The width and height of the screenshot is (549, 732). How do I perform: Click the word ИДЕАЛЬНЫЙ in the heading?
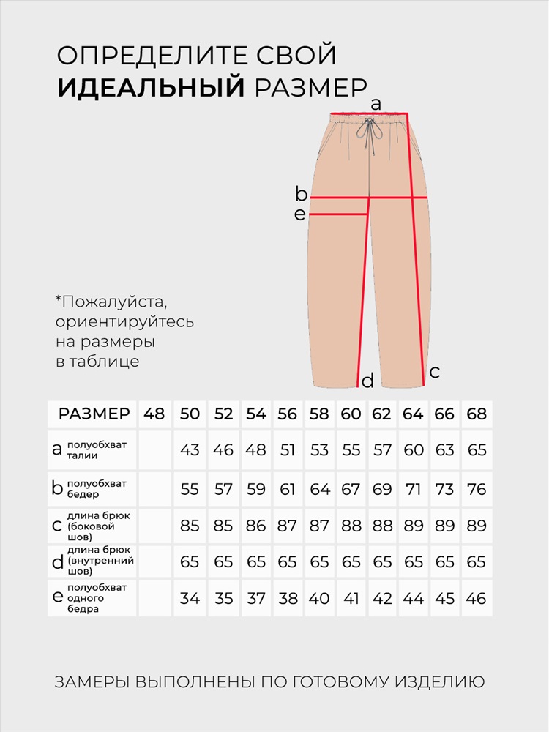(x=150, y=86)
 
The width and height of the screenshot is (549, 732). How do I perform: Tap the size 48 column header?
(x=154, y=414)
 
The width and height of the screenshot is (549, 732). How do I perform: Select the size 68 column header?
(x=477, y=414)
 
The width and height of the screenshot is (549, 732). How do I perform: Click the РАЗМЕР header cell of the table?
(x=94, y=414)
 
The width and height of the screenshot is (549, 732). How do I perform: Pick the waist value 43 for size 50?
(x=190, y=449)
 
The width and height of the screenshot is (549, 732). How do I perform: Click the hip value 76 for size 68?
(x=477, y=489)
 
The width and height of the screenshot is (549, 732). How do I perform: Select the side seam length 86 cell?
(x=255, y=526)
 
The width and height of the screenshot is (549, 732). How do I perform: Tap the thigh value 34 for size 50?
(x=190, y=598)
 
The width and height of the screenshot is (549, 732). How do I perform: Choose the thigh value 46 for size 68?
(x=477, y=598)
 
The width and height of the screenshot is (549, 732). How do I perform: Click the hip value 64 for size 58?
(x=320, y=489)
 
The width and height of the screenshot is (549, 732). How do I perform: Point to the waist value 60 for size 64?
(x=414, y=449)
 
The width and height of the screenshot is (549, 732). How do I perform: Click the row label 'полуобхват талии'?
(x=97, y=449)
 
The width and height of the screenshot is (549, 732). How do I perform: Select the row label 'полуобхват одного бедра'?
(x=97, y=598)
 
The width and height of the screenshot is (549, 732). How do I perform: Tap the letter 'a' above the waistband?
(x=376, y=104)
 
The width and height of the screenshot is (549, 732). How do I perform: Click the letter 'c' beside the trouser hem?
(x=434, y=372)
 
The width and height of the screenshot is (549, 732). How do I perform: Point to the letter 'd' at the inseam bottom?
(x=367, y=381)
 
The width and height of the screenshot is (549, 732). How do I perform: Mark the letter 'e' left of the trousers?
(x=299, y=214)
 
